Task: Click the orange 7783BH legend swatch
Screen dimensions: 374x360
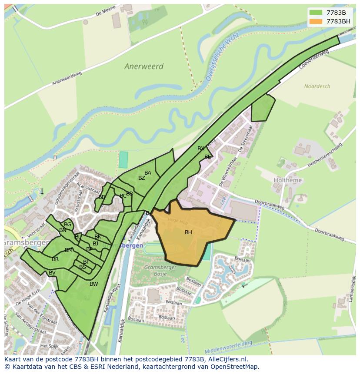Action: tap(317, 21)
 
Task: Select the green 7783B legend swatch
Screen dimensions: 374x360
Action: tap(317, 13)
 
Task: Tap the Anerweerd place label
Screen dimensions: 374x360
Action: tap(144, 66)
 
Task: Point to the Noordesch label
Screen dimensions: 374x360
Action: tap(317, 86)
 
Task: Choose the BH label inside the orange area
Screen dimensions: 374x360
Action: tap(188, 232)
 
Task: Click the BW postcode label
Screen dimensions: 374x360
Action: tap(93, 284)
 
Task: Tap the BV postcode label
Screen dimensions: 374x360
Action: tap(52, 273)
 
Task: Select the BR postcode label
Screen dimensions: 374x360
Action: tap(55, 259)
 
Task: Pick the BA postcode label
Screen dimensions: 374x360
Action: tap(148, 173)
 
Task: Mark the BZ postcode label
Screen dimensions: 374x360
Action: tap(142, 178)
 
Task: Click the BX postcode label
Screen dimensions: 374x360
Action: tap(200, 149)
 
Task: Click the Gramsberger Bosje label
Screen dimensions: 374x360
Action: tap(159, 270)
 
